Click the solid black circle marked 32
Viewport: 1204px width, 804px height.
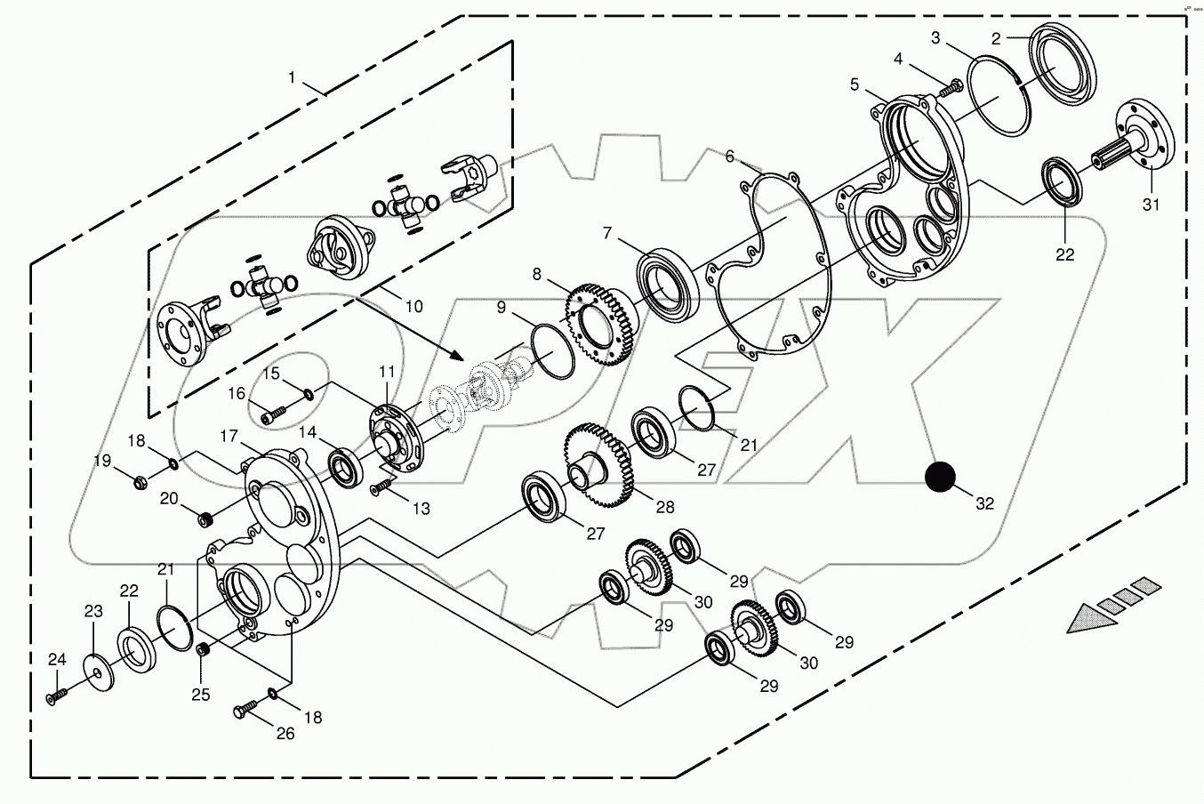click(x=939, y=478)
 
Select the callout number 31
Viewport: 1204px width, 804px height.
click(x=1152, y=204)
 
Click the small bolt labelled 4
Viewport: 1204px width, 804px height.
click(x=952, y=88)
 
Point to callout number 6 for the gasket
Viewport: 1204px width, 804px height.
click(x=730, y=157)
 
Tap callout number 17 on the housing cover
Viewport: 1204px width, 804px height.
click(x=229, y=437)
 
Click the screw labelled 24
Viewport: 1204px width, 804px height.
click(x=56, y=695)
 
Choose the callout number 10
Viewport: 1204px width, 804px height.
click(x=413, y=307)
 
